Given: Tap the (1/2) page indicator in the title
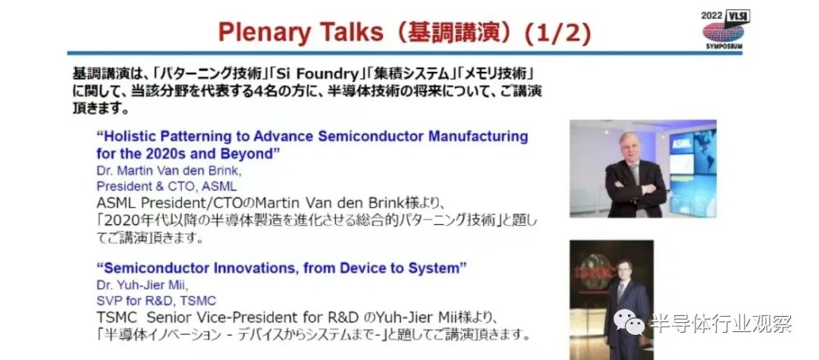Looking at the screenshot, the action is coord(557,33).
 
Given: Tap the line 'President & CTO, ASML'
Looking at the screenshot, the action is coord(167,186).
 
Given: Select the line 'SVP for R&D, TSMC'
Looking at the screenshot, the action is coord(156,301).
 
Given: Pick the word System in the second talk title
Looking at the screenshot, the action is coord(437,268).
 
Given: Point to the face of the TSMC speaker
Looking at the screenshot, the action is coord(623,271).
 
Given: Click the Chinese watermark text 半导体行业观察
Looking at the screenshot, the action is coord(721,323).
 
